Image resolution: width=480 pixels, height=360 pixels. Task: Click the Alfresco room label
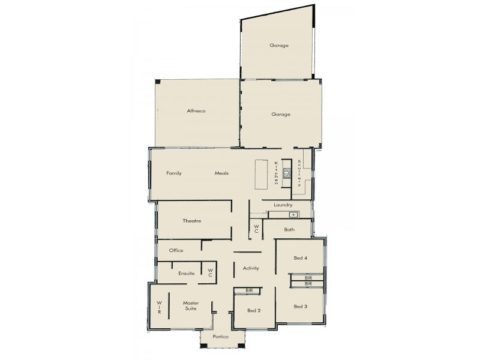(196, 111)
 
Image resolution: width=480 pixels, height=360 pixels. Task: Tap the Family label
(174, 173)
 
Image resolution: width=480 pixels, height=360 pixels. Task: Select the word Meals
(222, 173)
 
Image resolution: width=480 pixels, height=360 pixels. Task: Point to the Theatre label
(192, 221)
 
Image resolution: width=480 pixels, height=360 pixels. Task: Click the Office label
(176, 250)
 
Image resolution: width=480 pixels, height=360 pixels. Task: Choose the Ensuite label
(186, 274)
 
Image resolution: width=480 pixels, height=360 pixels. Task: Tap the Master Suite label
(190, 306)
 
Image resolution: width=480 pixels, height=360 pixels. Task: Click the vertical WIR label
(160, 307)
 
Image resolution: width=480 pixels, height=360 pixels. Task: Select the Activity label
(251, 268)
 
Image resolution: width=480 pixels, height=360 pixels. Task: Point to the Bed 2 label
(254, 310)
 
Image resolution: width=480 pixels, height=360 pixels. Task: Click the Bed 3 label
(301, 307)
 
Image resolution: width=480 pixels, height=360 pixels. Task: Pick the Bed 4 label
(301, 258)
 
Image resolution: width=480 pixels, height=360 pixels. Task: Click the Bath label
(289, 230)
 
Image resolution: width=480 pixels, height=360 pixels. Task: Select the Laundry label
(283, 205)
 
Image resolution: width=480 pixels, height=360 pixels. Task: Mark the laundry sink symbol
(292, 214)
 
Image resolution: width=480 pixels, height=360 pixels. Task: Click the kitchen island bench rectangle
(260, 175)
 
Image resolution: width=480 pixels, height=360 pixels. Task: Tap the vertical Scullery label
(299, 174)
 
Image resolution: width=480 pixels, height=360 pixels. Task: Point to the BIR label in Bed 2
(249, 290)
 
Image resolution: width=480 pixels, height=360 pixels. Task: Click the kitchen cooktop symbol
(287, 174)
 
